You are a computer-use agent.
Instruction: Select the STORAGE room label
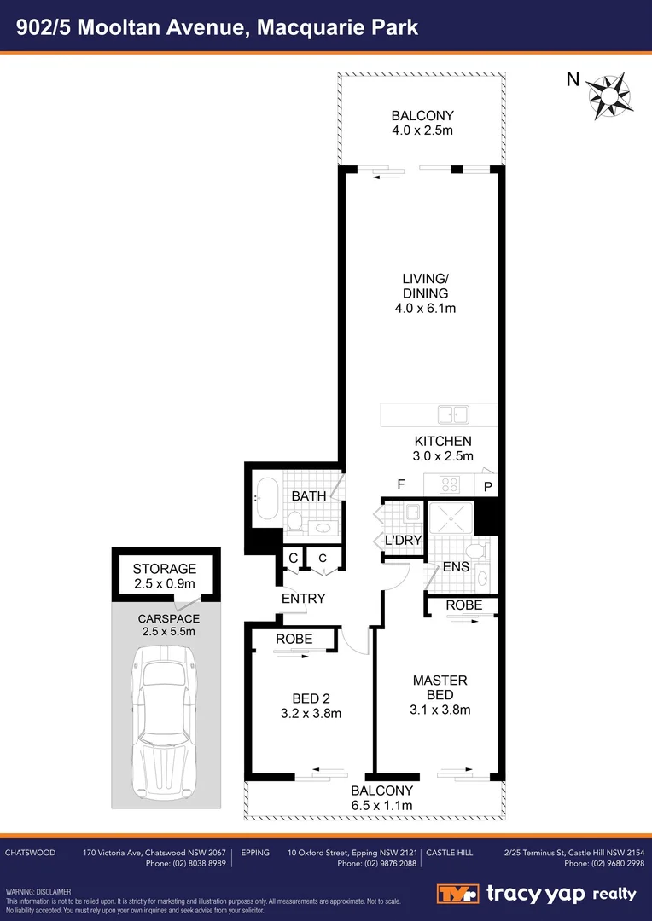[x=165, y=569]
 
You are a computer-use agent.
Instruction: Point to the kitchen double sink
[x=453, y=414]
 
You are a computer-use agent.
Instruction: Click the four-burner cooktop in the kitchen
[x=450, y=484]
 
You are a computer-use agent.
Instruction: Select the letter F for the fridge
[x=399, y=484]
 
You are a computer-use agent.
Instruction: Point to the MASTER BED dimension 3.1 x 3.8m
[x=440, y=709]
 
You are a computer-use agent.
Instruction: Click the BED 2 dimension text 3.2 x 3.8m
[x=311, y=713]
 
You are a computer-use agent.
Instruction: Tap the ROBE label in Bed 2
[x=294, y=639]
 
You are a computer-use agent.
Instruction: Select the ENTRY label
[x=304, y=599]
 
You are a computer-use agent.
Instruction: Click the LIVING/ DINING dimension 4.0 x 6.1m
[x=425, y=308]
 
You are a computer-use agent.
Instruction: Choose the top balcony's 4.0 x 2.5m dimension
[x=422, y=130]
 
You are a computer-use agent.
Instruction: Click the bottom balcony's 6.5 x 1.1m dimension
[x=381, y=806]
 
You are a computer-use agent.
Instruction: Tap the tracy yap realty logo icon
[x=458, y=894]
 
